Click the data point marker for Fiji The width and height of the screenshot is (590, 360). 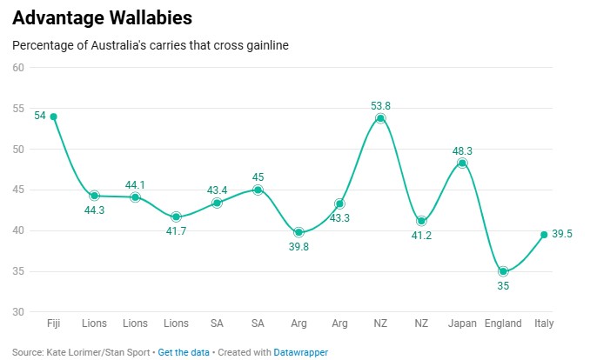pyautogui.click(x=53, y=117)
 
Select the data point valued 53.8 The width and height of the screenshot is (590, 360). pyautogui.click(x=380, y=118)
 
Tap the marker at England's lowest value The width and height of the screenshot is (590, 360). pyautogui.click(x=503, y=271)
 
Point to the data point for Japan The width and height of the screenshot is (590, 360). pyautogui.click(x=462, y=163)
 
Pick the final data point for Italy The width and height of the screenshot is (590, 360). pyautogui.click(x=544, y=234)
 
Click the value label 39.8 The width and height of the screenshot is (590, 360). pyautogui.click(x=298, y=246)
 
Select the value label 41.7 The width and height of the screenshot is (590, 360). pyautogui.click(x=176, y=231)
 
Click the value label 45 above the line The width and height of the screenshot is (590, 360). pyautogui.click(x=258, y=177)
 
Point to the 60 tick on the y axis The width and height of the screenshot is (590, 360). pyautogui.click(x=18, y=68)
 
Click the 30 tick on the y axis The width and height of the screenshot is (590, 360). pyautogui.click(x=18, y=312)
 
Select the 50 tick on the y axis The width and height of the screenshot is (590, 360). pyautogui.click(x=18, y=150)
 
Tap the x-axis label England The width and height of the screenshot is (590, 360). pyautogui.click(x=503, y=323)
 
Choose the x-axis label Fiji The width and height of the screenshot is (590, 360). pyautogui.click(x=53, y=323)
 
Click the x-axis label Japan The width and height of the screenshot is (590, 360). pyautogui.click(x=462, y=323)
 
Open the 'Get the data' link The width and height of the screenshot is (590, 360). pyautogui.click(x=184, y=353)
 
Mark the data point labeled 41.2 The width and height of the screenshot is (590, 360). pyautogui.click(x=421, y=221)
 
